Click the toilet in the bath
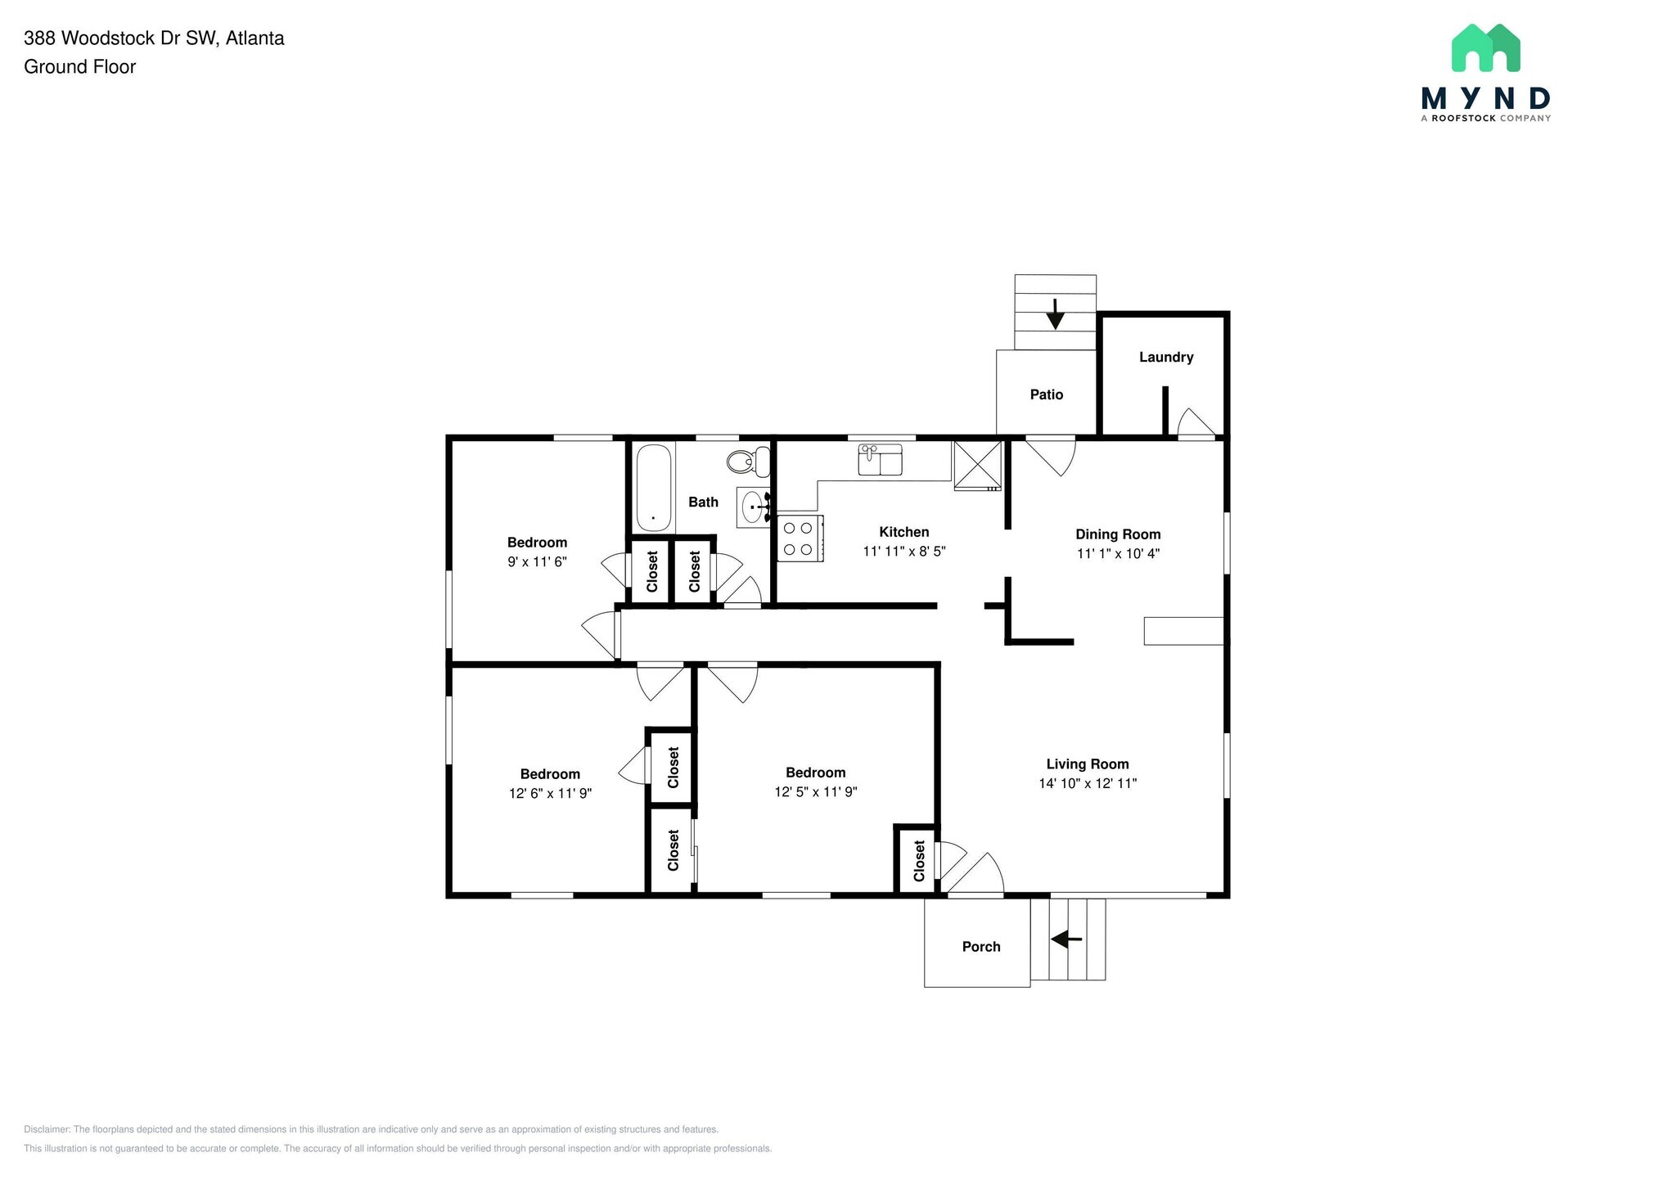[747, 462]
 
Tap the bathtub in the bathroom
[654, 488]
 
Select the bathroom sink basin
[752, 507]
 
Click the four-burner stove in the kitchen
[799, 538]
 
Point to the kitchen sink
[880, 460]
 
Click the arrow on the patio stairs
[1055, 313]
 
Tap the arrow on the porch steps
[1066, 939]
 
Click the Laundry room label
[1165, 357]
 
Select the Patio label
[1046, 394]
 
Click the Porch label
[980, 947]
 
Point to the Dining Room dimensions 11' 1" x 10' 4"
[1118, 553]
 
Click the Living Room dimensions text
[1088, 783]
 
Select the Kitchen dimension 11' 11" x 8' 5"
[903, 552]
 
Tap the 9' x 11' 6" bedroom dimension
[537, 562]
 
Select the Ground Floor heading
[79, 67]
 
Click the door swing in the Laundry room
[1194, 424]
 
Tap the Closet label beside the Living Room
[919, 861]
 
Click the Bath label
[703, 502]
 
